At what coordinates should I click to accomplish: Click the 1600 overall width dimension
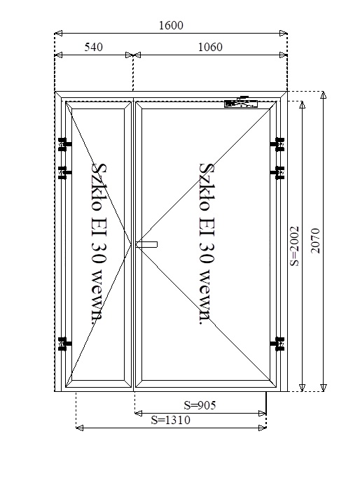(171, 25)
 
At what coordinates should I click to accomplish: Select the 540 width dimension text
(93, 47)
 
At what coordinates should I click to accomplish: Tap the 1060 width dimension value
(210, 47)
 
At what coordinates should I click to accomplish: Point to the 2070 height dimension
(315, 241)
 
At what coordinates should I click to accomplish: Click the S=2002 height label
(294, 246)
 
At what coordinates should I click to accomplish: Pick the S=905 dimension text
(200, 405)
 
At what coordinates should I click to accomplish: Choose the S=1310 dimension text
(171, 420)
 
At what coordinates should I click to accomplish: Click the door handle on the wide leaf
(146, 244)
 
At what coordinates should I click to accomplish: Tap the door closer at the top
(241, 103)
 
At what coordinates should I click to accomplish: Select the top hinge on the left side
(64, 144)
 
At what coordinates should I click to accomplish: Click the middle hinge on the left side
(64, 173)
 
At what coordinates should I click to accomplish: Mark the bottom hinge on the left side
(64, 344)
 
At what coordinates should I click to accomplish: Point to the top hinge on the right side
(277, 144)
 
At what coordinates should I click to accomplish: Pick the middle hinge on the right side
(277, 173)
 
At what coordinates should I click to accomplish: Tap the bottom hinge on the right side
(277, 344)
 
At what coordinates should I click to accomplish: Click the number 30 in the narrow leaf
(99, 252)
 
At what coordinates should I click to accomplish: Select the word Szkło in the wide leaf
(207, 187)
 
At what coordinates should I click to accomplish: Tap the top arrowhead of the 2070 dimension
(323, 94)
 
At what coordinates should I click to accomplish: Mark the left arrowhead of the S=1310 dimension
(79, 428)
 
